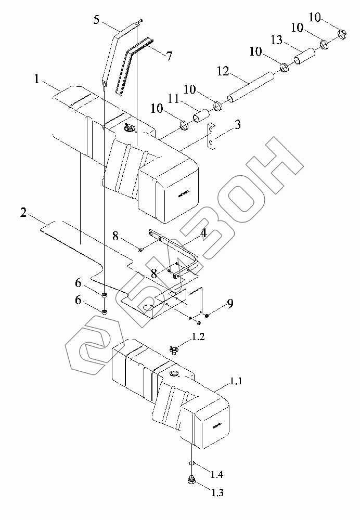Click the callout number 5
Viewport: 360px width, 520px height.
tap(97, 21)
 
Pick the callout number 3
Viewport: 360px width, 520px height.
tap(237, 125)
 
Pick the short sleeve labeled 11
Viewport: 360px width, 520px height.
tap(201, 115)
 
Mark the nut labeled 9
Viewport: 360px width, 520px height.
tap(207, 315)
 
